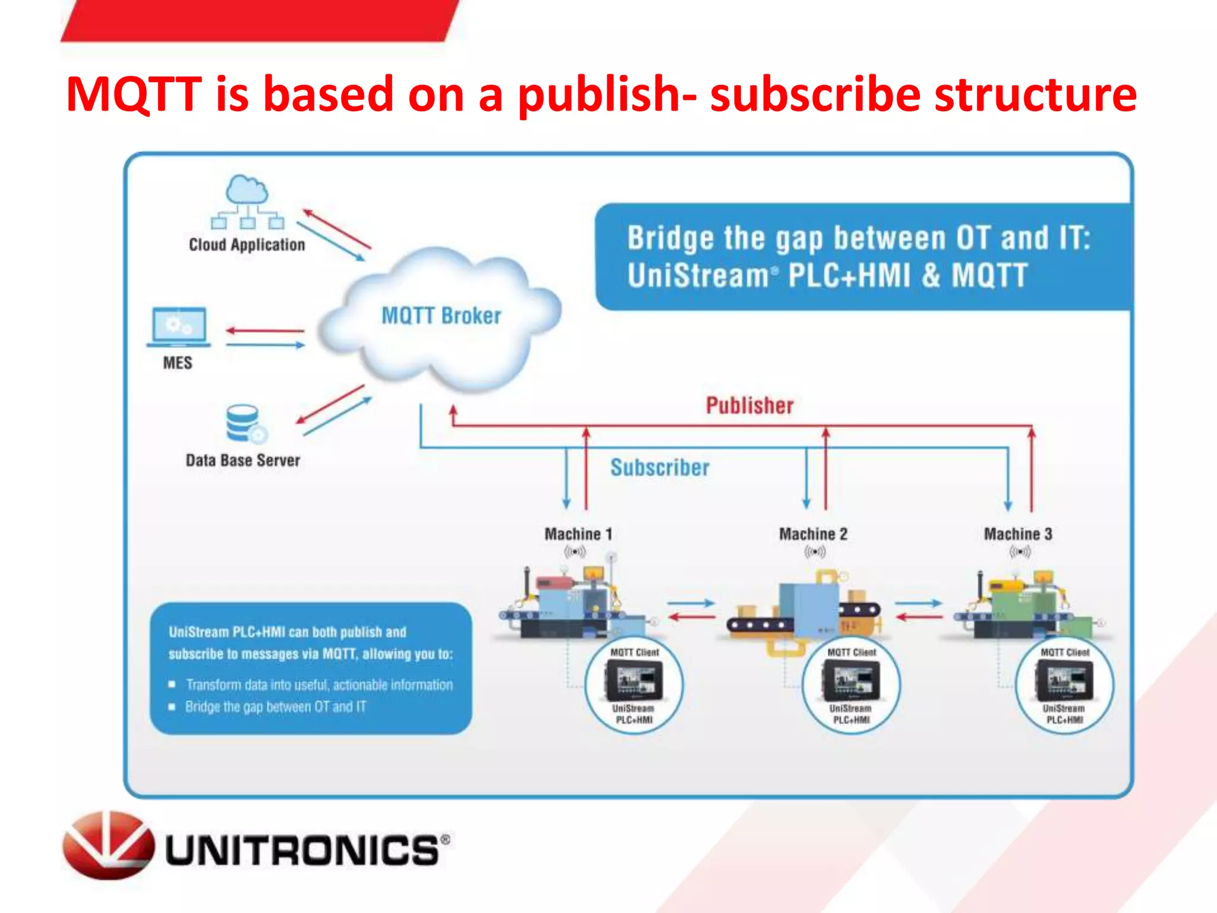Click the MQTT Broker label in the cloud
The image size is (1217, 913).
pos(441,316)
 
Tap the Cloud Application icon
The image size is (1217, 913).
pos(247,202)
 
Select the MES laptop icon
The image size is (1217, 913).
pos(178,327)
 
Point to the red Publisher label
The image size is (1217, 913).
pos(749,405)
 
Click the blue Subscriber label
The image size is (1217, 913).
pos(660,468)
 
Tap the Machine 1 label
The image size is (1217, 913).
pos(578,534)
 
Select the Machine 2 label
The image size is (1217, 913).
pos(813,534)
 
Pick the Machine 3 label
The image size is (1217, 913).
pos(1018,534)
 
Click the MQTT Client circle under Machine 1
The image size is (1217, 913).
pos(634,685)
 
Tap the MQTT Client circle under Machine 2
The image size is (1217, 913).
pos(851,685)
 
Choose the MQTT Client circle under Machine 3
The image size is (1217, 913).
pos(1064,685)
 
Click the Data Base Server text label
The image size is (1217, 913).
pos(242,461)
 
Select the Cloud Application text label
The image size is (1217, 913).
pos(247,245)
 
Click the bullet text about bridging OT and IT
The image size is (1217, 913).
pos(276,707)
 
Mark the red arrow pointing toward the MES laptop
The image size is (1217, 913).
pos(265,330)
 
